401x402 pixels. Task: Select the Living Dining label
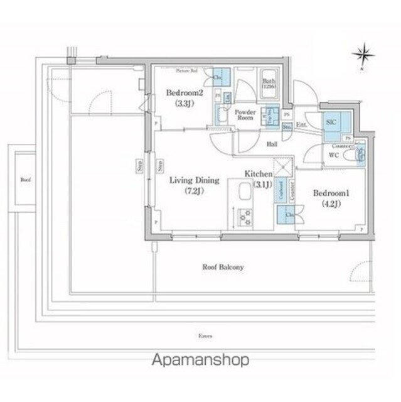194,180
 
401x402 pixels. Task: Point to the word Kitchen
258,173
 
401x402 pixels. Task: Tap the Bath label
269,82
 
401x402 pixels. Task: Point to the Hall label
272,144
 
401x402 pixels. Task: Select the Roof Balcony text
223,266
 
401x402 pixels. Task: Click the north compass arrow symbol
363,57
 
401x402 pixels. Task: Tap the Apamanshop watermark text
200,359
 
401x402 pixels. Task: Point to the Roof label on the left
25,180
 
